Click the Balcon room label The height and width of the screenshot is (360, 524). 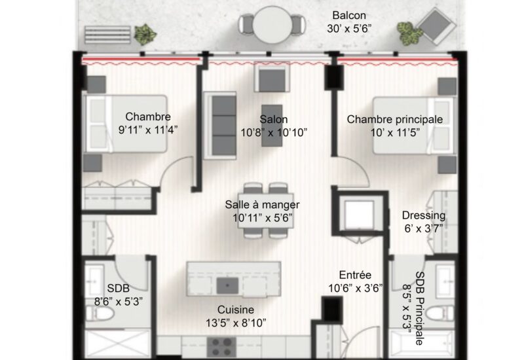349,15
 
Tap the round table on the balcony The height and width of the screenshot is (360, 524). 271,25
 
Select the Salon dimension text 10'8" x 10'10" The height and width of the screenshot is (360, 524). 274,133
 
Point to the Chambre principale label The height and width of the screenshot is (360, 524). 395,119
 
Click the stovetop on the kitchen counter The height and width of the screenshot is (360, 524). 221,347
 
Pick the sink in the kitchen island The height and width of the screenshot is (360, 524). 227,286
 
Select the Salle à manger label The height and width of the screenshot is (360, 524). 262,204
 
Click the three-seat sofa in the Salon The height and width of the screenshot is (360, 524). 220,125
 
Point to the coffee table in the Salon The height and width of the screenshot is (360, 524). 272,126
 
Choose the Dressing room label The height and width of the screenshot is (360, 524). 424,215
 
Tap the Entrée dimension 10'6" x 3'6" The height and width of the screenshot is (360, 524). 356,288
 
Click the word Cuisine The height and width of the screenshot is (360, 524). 236,310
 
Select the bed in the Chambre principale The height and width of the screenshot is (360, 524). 415,126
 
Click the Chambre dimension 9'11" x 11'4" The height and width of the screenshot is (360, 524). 148,130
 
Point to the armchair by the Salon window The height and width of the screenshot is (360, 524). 272,78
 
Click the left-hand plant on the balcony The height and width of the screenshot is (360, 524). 145,34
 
